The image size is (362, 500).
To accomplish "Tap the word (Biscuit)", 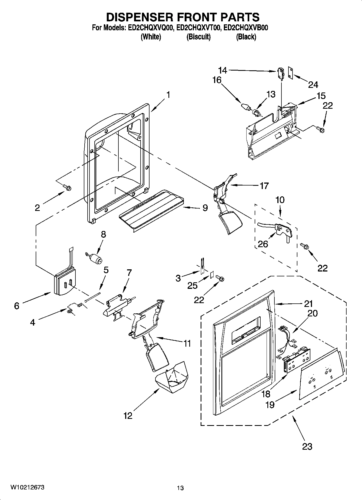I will (198, 37).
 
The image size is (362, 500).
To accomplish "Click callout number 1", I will (168, 95).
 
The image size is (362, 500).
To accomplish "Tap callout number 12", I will (128, 416).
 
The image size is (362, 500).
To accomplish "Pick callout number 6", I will (17, 306).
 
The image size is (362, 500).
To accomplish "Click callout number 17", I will (264, 186).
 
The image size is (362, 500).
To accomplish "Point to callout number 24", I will (313, 85).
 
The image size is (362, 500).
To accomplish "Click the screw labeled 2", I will (67, 187).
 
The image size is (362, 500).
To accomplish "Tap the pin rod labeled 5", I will (93, 297).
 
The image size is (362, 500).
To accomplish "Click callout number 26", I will (263, 244).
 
